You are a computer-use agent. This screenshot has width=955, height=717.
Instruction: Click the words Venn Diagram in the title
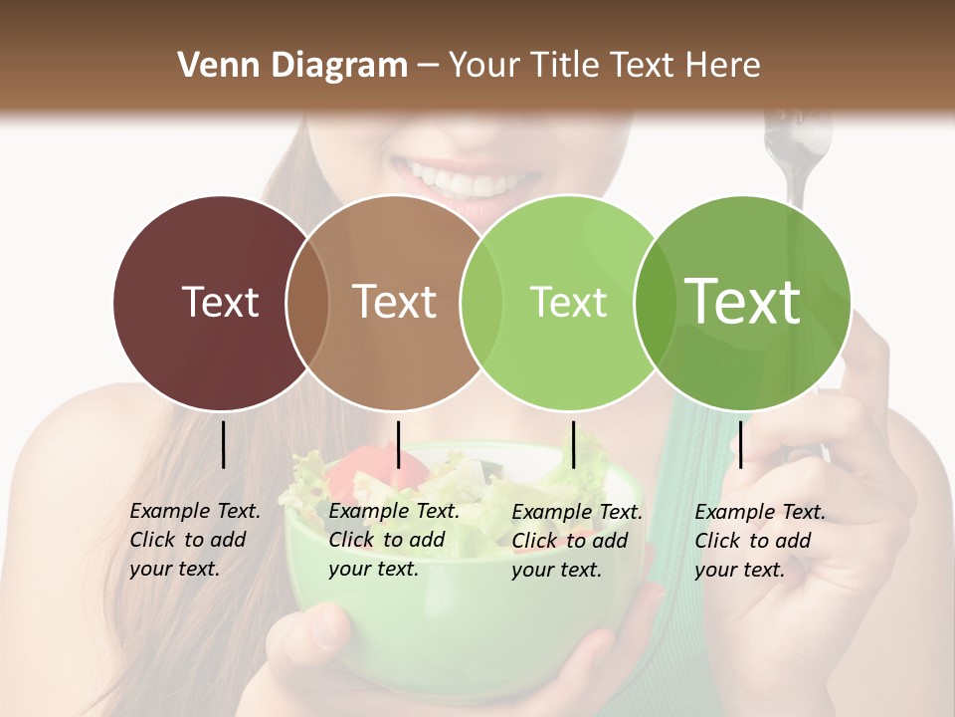click(x=292, y=66)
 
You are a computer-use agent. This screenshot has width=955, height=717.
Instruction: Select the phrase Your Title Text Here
click(x=604, y=66)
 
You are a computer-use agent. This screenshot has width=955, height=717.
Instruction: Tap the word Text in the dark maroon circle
click(x=220, y=302)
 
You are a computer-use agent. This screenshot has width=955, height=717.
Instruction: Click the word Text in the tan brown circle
click(x=394, y=302)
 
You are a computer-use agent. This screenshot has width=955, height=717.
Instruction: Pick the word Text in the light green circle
click(x=568, y=302)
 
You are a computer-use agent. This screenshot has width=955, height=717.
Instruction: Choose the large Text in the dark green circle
click(x=742, y=301)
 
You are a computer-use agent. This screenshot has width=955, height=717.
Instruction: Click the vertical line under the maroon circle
click(x=224, y=444)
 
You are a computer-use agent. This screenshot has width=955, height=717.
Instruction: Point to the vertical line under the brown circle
click(x=398, y=444)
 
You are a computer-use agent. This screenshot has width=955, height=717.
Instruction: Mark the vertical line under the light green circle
click(x=573, y=444)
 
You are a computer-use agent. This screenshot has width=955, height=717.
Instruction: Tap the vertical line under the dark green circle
click(x=741, y=444)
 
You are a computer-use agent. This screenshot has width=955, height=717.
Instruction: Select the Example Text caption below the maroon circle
click(x=195, y=540)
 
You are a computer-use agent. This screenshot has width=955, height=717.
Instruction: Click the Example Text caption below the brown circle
click(x=394, y=540)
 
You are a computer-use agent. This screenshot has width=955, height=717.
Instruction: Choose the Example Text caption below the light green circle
click(x=577, y=541)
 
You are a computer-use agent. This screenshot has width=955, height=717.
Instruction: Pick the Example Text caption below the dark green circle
click(x=760, y=541)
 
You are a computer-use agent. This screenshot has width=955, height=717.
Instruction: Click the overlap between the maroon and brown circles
click(x=307, y=303)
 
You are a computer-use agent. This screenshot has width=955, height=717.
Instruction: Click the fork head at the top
click(x=796, y=134)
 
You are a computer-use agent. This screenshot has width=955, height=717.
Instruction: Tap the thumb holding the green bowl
click(x=323, y=628)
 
